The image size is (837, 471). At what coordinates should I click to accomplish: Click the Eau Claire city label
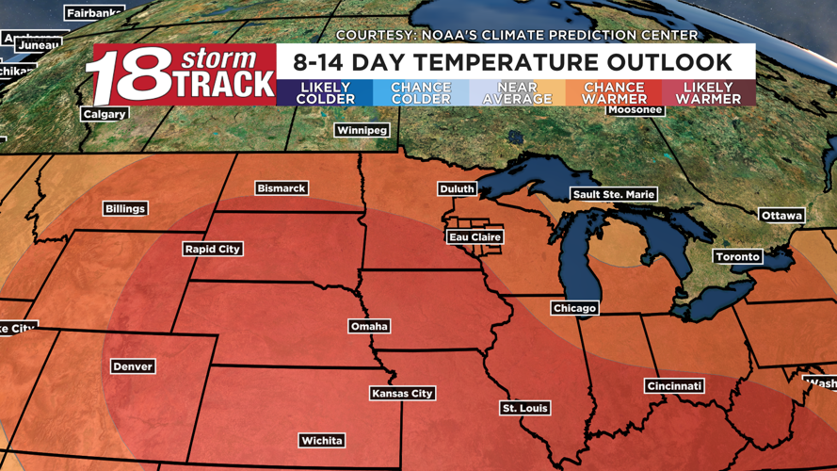475,237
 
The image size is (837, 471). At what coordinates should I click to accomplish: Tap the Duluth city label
458,189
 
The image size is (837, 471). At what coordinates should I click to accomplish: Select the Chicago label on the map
574,308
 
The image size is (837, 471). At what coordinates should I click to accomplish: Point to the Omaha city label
368,326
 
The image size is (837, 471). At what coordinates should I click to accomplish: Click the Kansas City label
402,393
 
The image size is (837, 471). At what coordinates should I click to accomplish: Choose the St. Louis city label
525,408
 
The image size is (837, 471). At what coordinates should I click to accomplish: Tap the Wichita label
321,440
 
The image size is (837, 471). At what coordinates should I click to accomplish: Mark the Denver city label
132,366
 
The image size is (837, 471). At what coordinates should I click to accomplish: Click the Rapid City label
213,249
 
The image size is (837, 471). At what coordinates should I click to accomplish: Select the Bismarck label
281,188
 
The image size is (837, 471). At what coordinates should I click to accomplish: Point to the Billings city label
125,208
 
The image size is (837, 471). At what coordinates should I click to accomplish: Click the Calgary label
105,114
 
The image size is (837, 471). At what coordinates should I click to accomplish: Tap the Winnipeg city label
362,130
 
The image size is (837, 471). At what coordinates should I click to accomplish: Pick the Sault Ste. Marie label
613,194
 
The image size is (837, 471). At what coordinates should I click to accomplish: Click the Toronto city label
737,256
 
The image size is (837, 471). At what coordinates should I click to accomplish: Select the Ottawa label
781,216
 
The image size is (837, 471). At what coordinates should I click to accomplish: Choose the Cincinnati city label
674,386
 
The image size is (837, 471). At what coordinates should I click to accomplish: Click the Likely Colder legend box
325,92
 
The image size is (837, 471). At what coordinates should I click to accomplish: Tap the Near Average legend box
516,92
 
